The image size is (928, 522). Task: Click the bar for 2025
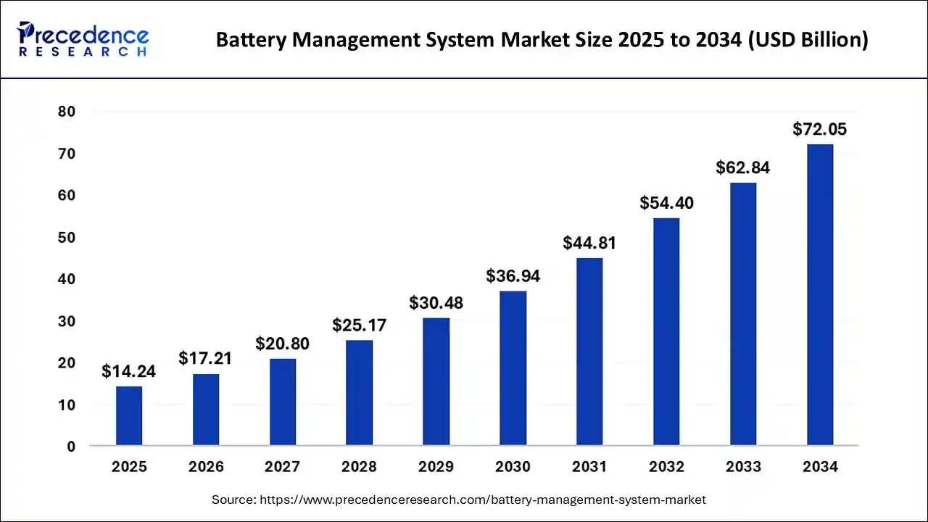(x=129, y=415)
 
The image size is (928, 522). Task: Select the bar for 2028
(x=360, y=392)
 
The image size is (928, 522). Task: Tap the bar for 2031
(x=589, y=351)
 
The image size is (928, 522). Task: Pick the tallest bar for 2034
(x=820, y=294)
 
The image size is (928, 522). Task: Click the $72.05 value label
(x=820, y=130)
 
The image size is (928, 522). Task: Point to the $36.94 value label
(x=513, y=276)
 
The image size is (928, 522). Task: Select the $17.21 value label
(x=206, y=358)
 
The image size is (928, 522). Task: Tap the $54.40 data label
(x=666, y=203)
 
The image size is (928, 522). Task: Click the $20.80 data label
(x=283, y=344)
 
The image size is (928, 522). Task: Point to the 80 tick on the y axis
(x=67, y=112)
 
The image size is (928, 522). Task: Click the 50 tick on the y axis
(x=67, y=238)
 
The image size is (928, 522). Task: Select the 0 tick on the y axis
(x=71, y=447)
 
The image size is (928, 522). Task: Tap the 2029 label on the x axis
(x=436, y=467)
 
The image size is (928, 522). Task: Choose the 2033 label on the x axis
(x=743, y=467)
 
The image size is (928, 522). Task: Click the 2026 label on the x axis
(x=206, y=467)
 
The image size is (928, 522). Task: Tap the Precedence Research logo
(x=83, y=40)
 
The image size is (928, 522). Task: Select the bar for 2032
(x=666, y=331)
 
